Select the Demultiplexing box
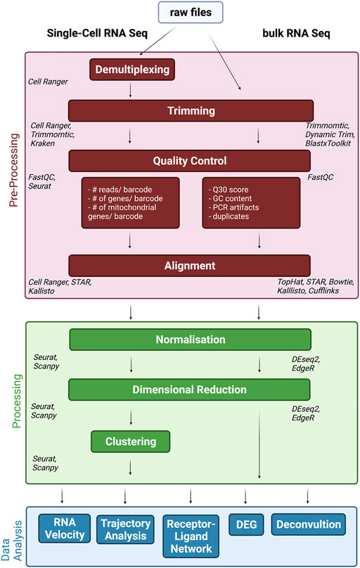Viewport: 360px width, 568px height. pyautogui.click(x=131, y=70)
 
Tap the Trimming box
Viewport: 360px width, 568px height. pyautogui.click(x=190, y=110)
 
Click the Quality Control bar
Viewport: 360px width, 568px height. pyautogui.click(x=190, y=161)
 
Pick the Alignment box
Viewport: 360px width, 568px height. pyautogui.click(x=190, y=266)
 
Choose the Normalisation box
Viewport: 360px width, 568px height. pyautogui.click(x=190, y=340)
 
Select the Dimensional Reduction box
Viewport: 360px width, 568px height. pyautogui.click(x=190, y=389)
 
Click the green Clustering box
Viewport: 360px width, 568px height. pyautogui.click(x=131, y=441)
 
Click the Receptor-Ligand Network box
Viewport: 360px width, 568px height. pyautogui.click(x=190, y=536)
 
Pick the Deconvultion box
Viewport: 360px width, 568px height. pyautogui.click(x=309, y=524)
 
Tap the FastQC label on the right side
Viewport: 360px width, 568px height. pyautogui.click(x=323, y=179)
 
